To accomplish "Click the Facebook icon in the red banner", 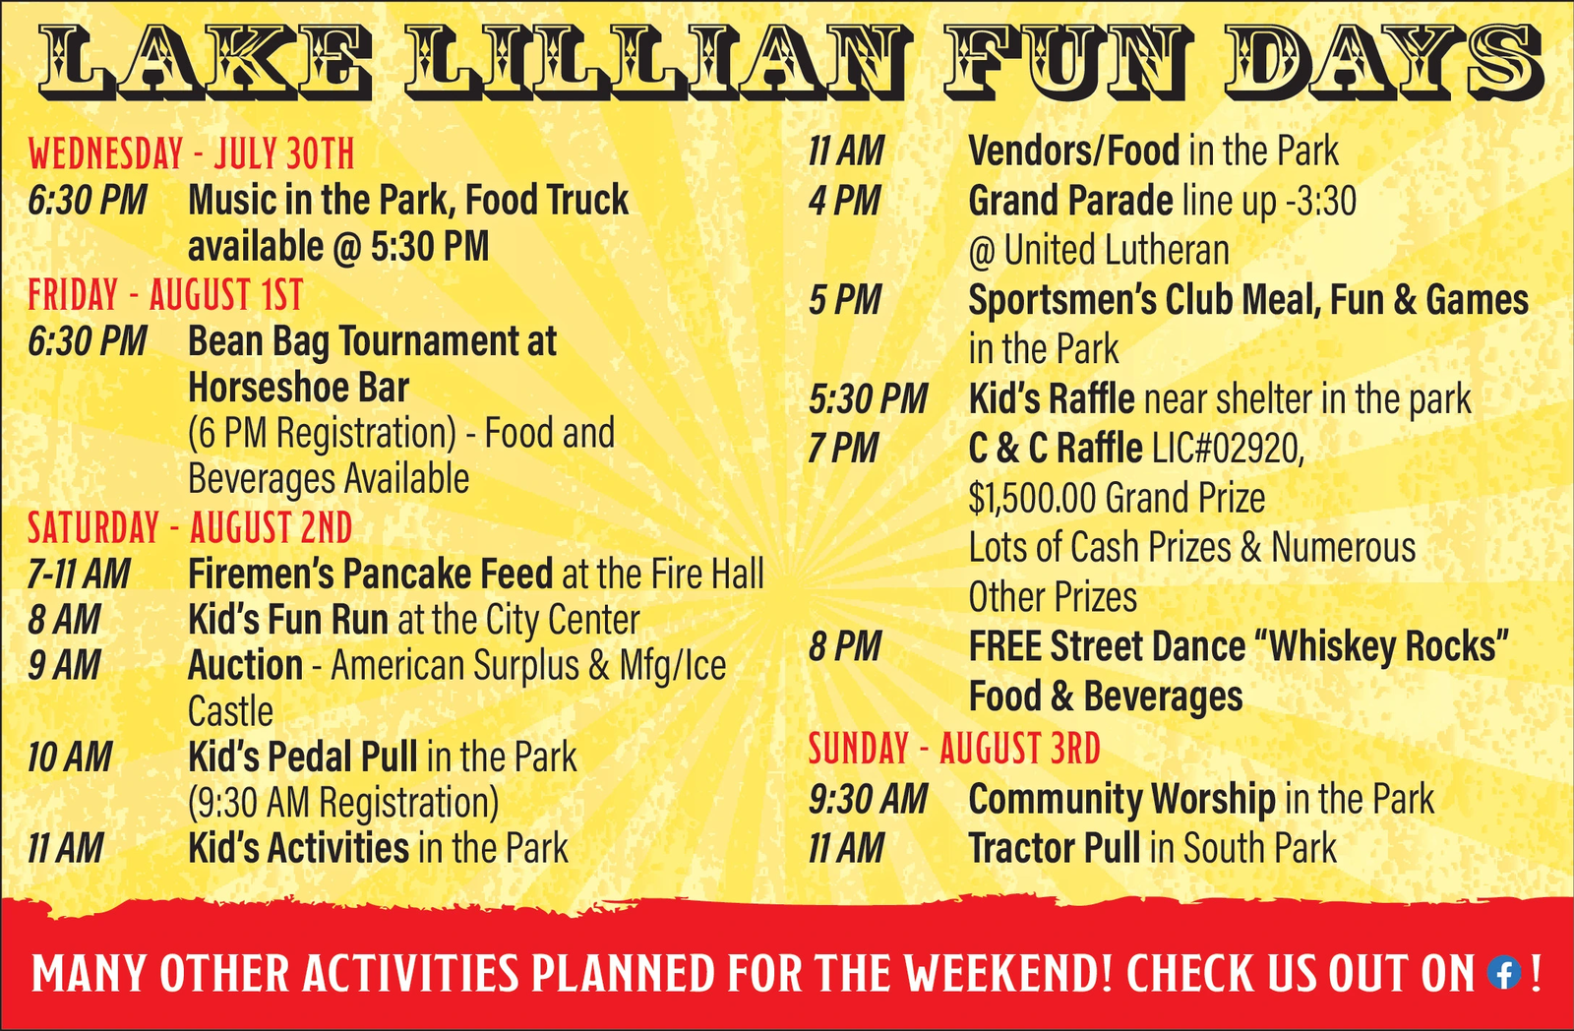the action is click(x=1504, y=973).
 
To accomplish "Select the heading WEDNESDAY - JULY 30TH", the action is click(x=191, y=153).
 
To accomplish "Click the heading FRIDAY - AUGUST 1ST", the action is click(x=165, y=294).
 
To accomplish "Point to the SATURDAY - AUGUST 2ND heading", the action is click(x=190, y=528).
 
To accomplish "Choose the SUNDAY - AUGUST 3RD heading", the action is click(x=954, y=748).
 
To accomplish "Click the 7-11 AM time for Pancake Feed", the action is click(x=79, y=575).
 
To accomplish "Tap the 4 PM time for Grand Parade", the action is click(x=844, y=202).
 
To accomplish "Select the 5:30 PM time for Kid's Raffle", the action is click(x=868, y=399).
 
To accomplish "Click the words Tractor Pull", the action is click(x=1054, y=848).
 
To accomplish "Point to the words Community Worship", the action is click(x=1121, y=800).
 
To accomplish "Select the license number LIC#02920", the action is click(x=1229, y=449).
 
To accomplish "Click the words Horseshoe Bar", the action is click(x=299, y=388).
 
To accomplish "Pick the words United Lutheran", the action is click(x=1117, y=250).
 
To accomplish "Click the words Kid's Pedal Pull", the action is click(x=303, y=758).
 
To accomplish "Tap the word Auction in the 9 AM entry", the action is click(x=245, y=666).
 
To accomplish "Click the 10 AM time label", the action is click(x=70, y=758).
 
